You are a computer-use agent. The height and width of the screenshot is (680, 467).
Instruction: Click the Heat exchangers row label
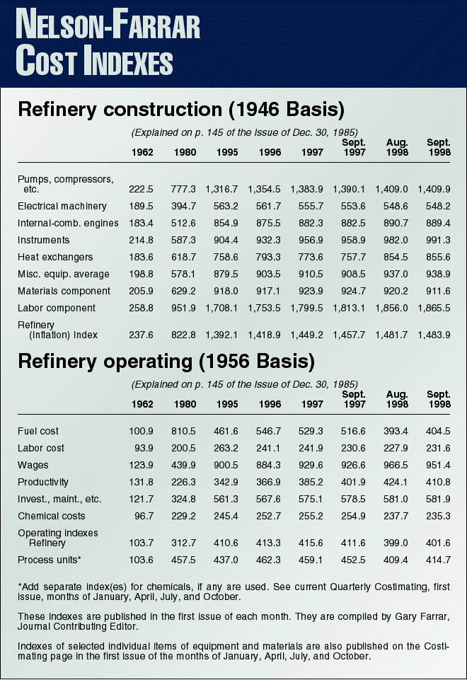(x=55, y=257)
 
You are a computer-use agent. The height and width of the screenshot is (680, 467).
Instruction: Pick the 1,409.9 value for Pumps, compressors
(x=439, y=189)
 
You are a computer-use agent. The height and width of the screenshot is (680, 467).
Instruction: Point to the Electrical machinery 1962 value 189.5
(x=144, y=206)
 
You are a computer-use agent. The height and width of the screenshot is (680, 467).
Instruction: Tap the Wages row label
(x=32, y=465)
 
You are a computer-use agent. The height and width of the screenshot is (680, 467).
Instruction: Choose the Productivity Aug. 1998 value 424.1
(x=397, y=482)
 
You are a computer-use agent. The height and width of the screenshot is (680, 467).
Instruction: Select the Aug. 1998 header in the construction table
(x=397, y=147)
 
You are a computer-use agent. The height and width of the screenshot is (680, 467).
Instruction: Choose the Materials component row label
(x=64, y=291)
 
